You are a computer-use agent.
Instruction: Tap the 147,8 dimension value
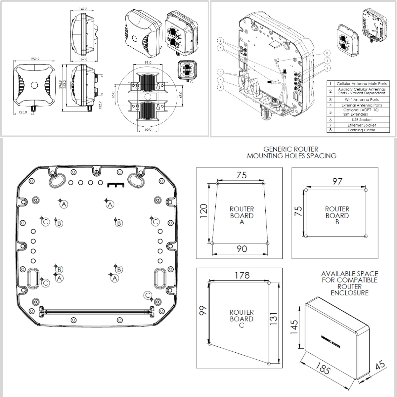[83, 9]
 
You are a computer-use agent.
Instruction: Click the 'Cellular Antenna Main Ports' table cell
[362, 84]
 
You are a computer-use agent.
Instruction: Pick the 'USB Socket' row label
[362, 120]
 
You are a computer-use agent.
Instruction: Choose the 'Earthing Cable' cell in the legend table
[362, 130]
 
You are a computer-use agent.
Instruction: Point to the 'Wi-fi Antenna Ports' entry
[362, 99]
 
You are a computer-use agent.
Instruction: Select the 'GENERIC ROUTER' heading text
[291, 150]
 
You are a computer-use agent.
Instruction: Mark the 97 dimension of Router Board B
[337, 181]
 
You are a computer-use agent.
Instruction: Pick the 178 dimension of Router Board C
[242, 275]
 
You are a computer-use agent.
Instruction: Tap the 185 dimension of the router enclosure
[322, 368]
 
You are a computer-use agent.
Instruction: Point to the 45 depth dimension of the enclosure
[381, 365]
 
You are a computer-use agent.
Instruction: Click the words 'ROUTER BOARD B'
[337, 215]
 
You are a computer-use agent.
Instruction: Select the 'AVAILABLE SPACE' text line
[349, 274]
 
